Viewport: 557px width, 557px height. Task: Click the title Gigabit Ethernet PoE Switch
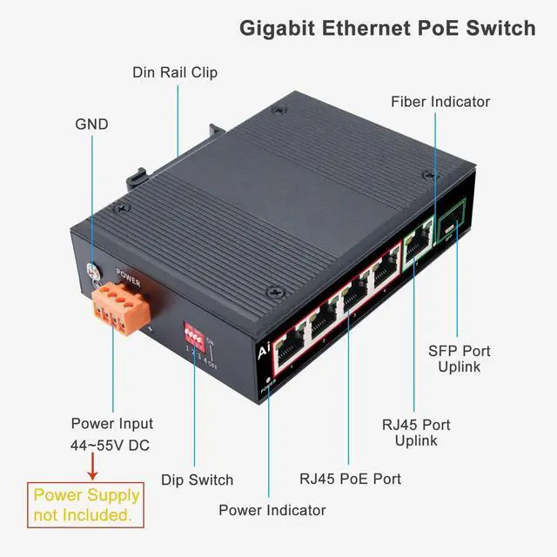coord(387,28)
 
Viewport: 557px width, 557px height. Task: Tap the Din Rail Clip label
coord(175,72)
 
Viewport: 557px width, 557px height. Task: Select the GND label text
coord(91,124)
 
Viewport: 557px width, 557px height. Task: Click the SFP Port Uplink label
coord(460,359)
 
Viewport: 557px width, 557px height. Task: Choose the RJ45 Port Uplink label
coord(416,433)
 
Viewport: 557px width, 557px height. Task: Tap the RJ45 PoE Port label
coord(350,478)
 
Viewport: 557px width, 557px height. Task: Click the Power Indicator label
coord(272,510)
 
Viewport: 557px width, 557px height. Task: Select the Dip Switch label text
coord(198,480)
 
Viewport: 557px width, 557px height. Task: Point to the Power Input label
coord(111,424)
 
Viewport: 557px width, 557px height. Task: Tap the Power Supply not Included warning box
coord(84,505)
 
